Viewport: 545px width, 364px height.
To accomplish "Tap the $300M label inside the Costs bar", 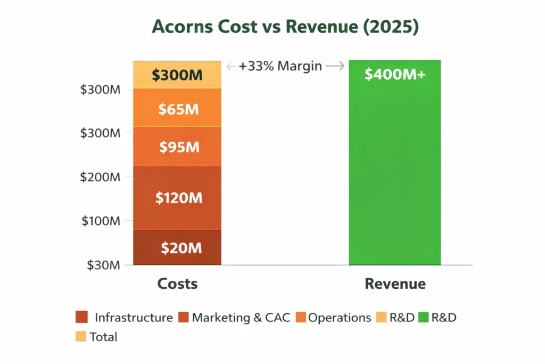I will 177,75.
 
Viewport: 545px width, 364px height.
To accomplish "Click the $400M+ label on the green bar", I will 395,75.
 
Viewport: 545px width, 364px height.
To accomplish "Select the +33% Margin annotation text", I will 280,66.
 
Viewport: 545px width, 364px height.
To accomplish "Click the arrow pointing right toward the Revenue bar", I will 335,66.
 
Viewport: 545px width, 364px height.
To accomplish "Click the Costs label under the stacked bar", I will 177,284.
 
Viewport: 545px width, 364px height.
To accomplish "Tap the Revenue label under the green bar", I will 395,284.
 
